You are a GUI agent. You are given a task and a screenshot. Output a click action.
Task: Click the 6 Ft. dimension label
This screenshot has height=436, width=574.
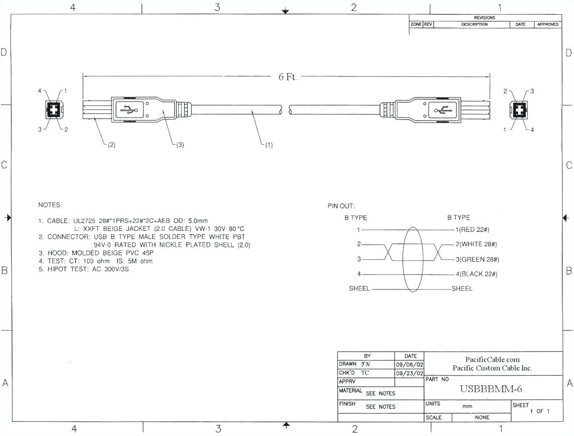coord(288,77)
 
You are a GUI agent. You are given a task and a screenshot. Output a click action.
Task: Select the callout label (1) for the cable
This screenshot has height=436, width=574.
coord(267,145)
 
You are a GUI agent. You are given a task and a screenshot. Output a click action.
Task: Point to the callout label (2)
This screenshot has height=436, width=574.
coord(111,145)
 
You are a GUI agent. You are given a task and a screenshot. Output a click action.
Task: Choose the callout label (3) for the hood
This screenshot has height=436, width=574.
coord(179,145)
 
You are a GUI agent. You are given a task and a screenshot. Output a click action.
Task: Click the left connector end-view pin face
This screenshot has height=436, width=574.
coord(52,109)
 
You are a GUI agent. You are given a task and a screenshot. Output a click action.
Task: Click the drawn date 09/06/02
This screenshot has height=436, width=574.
coord(410,364)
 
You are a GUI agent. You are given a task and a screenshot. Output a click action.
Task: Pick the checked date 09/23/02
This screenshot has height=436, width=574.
coord(410,373)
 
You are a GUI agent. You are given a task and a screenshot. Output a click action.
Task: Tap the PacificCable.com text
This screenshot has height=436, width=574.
coord(493,359)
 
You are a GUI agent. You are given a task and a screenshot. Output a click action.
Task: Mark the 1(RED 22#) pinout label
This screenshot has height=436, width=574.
coord(473,230)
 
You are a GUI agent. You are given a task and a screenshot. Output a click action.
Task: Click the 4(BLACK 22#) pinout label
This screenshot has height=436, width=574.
coord(477,274)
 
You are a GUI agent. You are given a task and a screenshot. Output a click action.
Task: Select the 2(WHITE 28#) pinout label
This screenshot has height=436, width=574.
coord(477,244)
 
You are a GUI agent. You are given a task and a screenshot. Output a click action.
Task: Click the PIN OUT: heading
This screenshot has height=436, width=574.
coord(341,206)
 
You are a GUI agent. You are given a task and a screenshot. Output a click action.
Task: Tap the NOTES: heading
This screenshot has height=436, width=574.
coord(50,205)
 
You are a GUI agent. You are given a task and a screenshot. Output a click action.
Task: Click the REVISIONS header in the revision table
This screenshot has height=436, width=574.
coord(484,18)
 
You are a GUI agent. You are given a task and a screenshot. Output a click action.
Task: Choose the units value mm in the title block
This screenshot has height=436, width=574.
coord(467,407)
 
